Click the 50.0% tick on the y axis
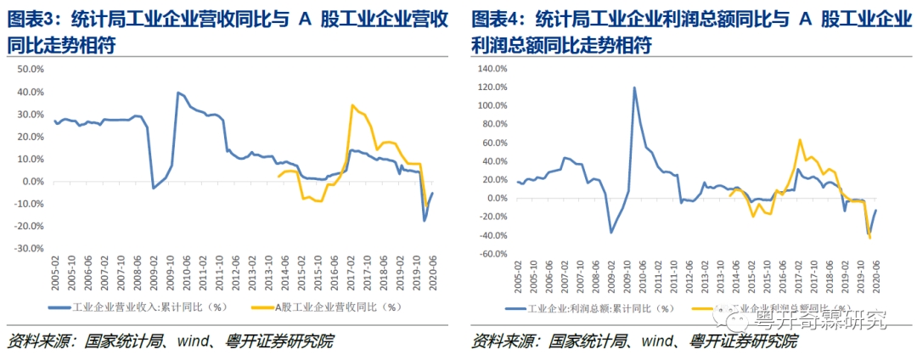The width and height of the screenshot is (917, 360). [x=32, y=70]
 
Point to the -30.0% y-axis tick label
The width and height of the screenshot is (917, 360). [x=31, y=249]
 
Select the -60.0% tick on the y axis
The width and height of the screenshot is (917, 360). [x=492, y=254]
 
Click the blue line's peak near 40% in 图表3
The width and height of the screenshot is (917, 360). [x=177, y=93]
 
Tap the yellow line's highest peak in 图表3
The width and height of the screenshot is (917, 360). [x=352, y=105]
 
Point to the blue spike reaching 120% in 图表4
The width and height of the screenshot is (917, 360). [x=634, y=87]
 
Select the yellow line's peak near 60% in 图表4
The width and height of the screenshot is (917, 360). [x=800, y=140]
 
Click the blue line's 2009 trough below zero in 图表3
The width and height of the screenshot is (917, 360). [x=153, y=188]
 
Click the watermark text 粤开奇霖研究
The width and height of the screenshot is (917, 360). [x=820, y=320]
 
